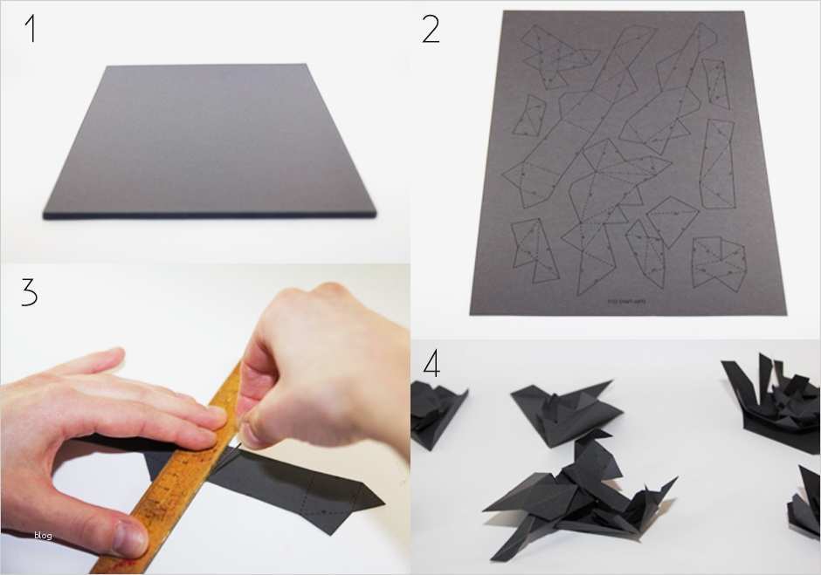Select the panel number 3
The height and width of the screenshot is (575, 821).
click(x=30, y=292)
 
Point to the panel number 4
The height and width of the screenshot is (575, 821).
click(x=431, y=364)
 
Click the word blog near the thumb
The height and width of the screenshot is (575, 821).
click(x=43, y=536)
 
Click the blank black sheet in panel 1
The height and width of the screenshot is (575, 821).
click(x=210, y=140)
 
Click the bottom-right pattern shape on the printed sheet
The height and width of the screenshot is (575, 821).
click(x=718, y=262)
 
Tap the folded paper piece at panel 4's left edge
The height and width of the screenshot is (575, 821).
click(x=437, y=414)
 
